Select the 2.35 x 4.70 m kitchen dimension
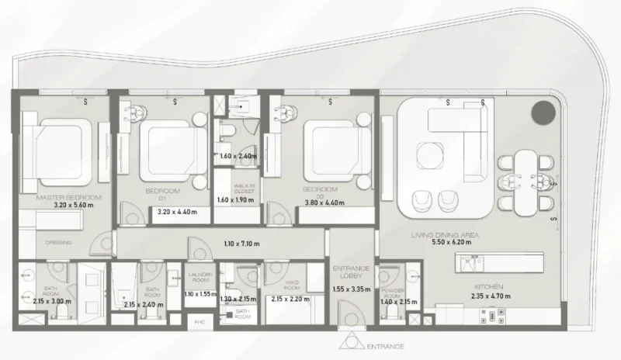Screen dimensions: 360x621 (488, 295)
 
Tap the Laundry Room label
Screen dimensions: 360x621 (199, 276)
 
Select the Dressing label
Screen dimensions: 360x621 (58, 242)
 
